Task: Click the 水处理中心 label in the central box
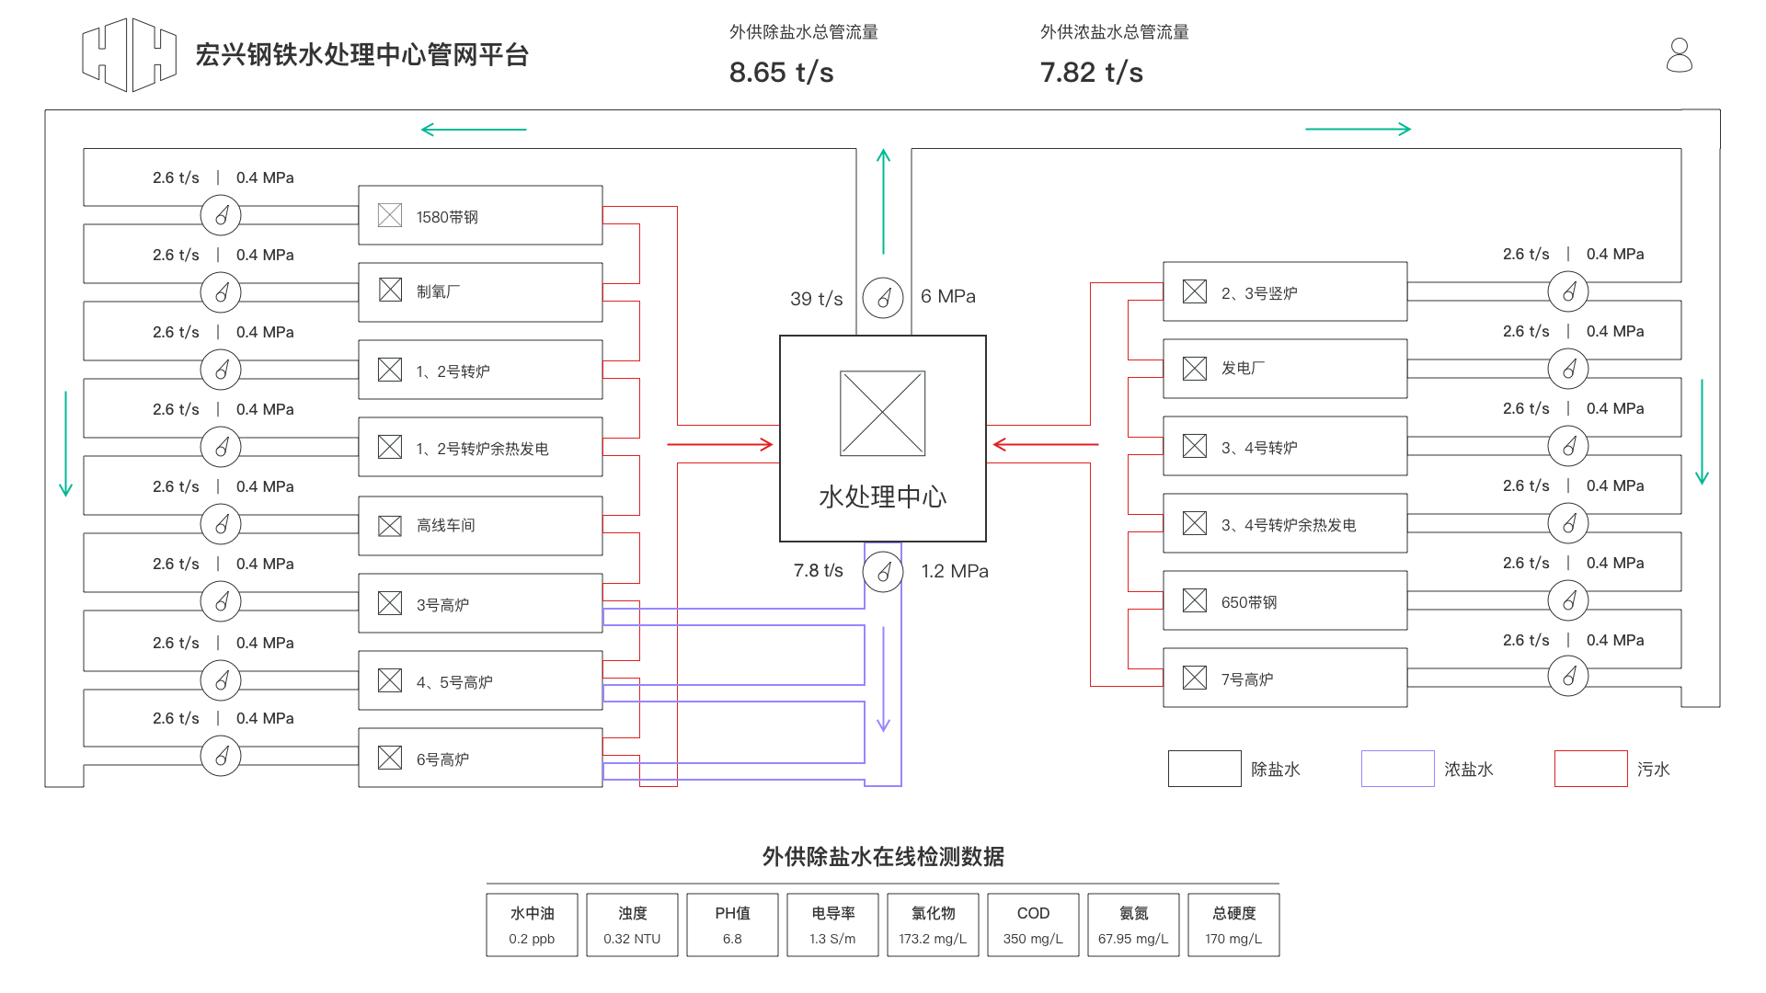(x=882, y=496)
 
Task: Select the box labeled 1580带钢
(x=480, y=216)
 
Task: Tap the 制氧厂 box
(x=480, y=292)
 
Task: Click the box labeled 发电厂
(x=1284, y=369)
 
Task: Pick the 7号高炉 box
(x=1284, y=679)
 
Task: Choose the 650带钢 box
(x=1284, y=601)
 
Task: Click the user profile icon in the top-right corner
(x=1679, y=55)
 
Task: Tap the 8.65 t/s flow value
(x=781, y=73)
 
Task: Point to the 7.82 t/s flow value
(x=1091, y=73)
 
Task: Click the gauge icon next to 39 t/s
(x=883, y=298)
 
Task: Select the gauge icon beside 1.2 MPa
(x=883, y=572)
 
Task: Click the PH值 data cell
(x=732, y=925)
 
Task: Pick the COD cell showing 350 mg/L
(x=1033, y=925)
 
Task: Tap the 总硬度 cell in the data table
(x=1233, y=925)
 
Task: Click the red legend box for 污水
(x=1590, y=769)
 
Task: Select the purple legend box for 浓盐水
(x=1397, y=769)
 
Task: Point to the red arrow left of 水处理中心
(x=720, y=445)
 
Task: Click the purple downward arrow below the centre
(x=883, y=680)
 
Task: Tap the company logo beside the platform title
(x=129, y=55)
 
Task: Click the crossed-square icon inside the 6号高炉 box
(x=390, y=758)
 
